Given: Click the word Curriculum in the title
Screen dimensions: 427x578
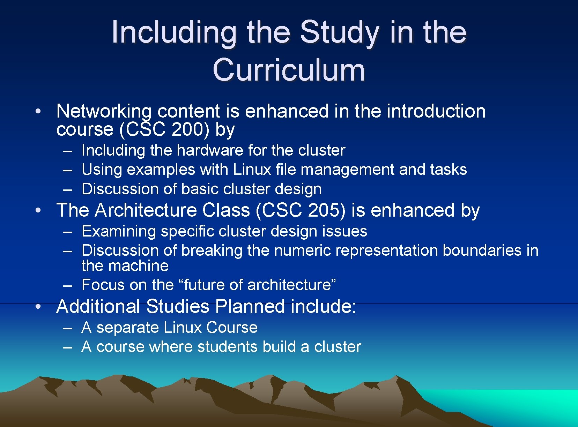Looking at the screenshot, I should coord(289,70).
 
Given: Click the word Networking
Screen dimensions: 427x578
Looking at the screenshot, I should coord(104,111).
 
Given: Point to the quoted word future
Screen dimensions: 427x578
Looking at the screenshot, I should coord(205,285).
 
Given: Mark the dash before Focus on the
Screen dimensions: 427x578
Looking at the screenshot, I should coord(68,285).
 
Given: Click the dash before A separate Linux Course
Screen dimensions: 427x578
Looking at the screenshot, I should coord(68,328).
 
